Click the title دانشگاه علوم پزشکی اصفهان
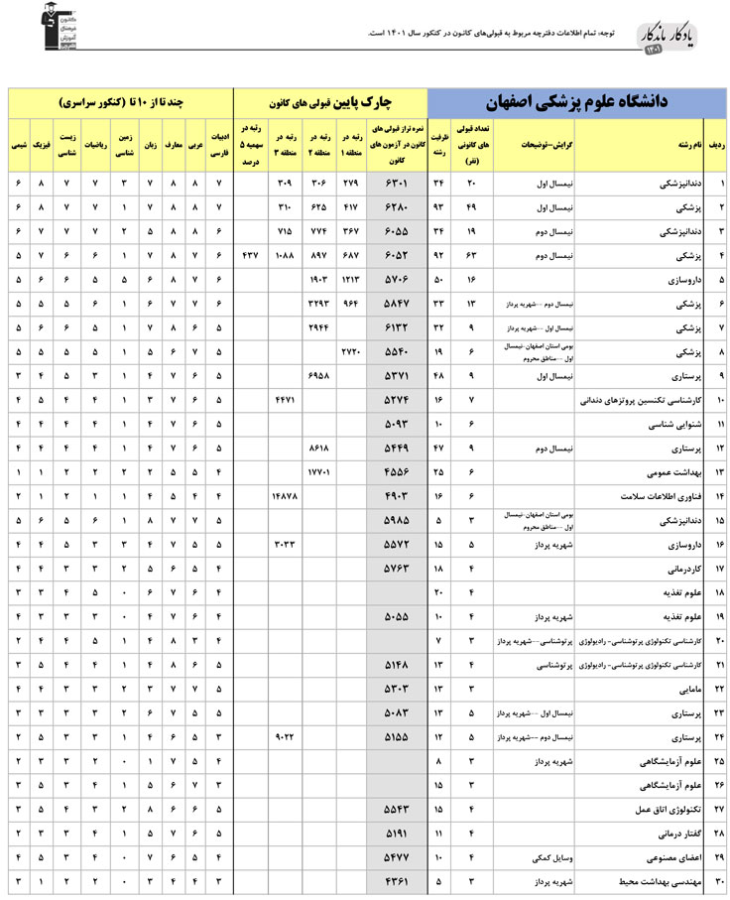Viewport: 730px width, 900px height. pos(574,102)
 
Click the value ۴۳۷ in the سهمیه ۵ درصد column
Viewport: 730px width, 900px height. pos(251,257)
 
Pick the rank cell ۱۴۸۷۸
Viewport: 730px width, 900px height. pos(285,494)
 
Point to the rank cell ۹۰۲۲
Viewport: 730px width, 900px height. pos(285,736)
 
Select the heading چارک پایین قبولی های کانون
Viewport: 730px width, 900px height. pos(329,102)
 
